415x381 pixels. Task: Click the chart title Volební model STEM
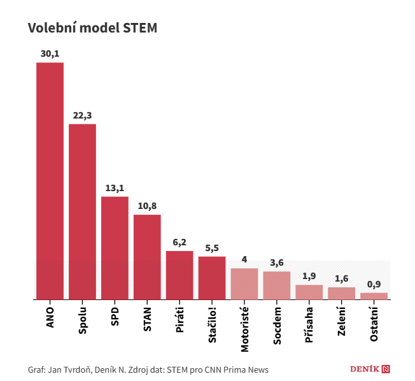92,28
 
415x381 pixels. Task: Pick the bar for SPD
115,248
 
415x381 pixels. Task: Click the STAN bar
147,257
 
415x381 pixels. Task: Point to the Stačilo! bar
212,278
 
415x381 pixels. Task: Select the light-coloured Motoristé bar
244,284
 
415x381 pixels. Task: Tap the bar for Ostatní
374,296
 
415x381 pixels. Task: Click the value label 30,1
50,54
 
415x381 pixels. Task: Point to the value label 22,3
82,115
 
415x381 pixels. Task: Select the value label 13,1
115,188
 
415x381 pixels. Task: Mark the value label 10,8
147,206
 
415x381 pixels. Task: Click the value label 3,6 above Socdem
277,262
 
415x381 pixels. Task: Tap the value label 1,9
309,276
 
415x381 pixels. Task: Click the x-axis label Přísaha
309,324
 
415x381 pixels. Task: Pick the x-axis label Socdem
277,326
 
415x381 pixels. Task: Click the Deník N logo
370,369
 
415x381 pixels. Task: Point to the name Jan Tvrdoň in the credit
68,370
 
